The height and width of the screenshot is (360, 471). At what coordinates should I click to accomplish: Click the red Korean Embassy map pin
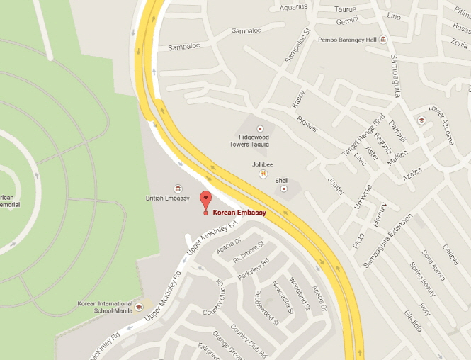205,201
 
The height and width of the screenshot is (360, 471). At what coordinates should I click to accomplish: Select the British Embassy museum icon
177,189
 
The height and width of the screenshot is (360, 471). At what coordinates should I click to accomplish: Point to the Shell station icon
285,189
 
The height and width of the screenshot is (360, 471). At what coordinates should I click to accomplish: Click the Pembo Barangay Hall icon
383,39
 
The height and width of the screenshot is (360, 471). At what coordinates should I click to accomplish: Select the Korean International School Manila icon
140,307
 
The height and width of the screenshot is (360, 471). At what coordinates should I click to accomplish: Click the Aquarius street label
293,8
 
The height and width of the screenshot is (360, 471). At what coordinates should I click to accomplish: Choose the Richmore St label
248,254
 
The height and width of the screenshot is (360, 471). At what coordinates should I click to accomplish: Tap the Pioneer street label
308,123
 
